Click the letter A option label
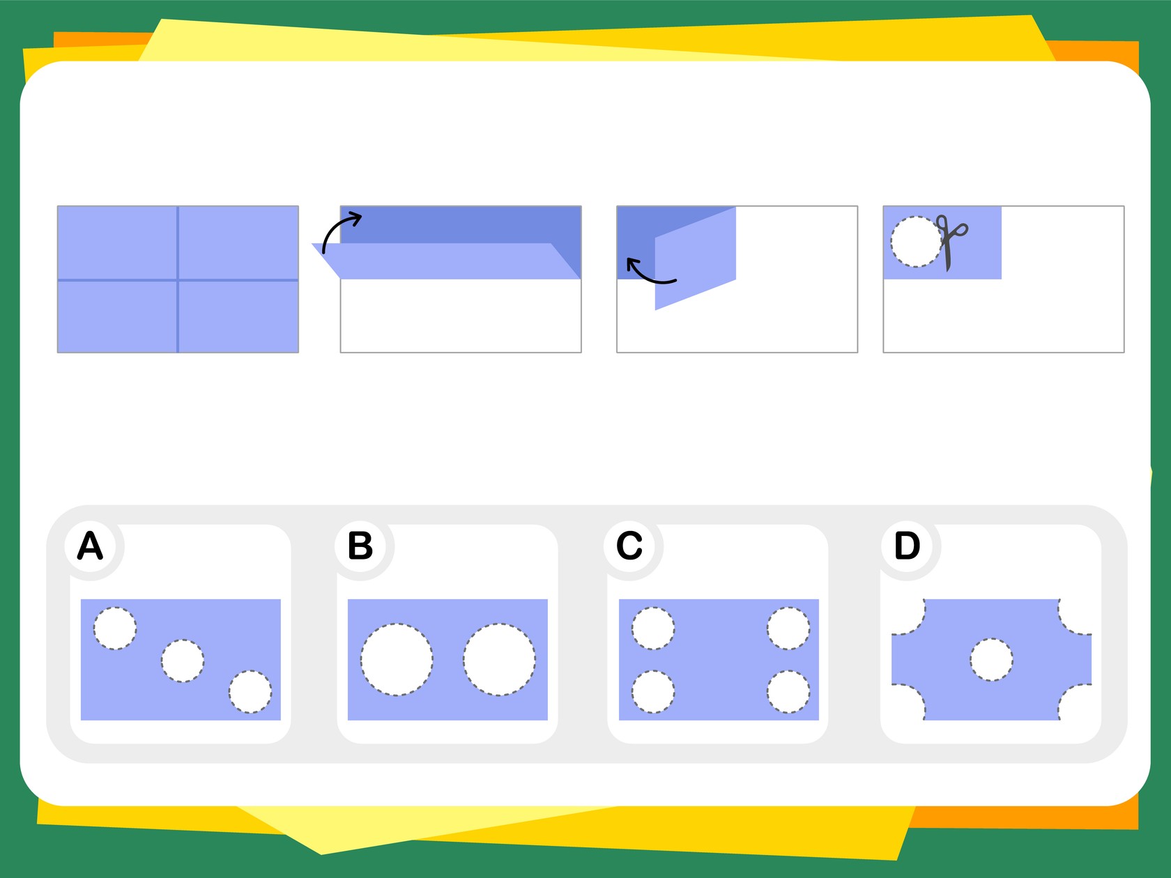pyautogui.click(x=90, y=546)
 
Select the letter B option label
pyautogui.click(x=360, y=546)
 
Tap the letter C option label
pyautogui.click(x=629, y=546)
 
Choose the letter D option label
pyautogui.click(x=908, y=546)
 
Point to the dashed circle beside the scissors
pyautogui.click(x=916, y=242)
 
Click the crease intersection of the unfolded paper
pyautogui.click(x=178, y=279)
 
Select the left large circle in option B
pyautogui.click(x=397, y=659)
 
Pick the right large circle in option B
pyautogui.click(x=499, y=659)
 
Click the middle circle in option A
pyautogui.click(x=183, y=661)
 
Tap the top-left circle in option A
pyautogui.click(x=115, y=628)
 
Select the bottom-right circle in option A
pyautogui.click(x=250, y=691)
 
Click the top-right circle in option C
pyautogui.click(x=788, y=628)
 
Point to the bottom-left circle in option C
pyautogui.click(x=653, y=691)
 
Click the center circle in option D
pyautogui.click(x=991, y=659)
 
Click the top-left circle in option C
pyautogui.click(x=653, y=628)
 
